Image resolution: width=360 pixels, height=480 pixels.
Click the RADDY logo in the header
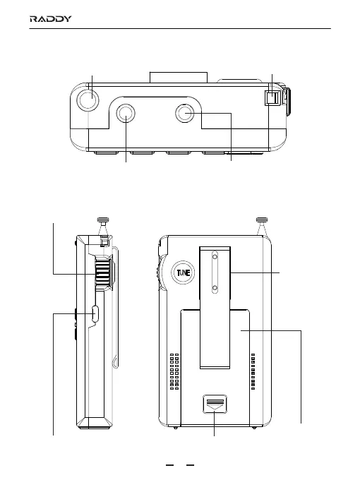point(51,19)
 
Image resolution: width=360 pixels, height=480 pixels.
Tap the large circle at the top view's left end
point(88,100)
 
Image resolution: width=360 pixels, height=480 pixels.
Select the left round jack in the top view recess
point(126,114)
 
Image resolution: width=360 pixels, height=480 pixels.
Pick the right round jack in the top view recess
point(185,113)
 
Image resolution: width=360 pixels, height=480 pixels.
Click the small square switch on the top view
point(272,98)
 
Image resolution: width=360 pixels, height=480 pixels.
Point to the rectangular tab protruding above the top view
point(179,78)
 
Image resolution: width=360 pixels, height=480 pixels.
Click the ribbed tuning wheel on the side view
point(103,272)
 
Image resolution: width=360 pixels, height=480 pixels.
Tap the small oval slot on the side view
point(95,314)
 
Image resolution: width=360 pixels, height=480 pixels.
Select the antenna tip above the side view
point(103,220)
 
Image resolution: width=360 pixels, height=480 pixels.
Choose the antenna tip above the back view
point(262,220)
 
